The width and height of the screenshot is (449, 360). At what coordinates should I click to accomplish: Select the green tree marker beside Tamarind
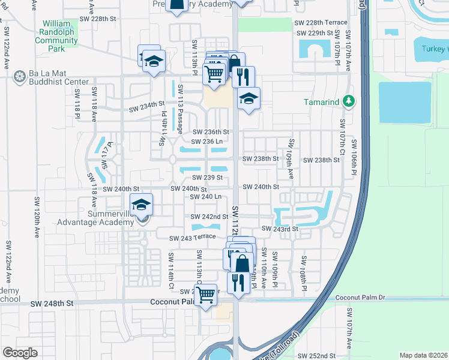coord(348,101)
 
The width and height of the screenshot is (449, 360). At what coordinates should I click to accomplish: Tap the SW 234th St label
coord(147,109)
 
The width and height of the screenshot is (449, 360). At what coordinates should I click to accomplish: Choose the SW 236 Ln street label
coord(207,142)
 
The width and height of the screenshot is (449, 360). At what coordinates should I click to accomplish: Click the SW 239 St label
coord(207,178)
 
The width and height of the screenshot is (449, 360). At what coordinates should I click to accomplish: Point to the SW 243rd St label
coord(280,229)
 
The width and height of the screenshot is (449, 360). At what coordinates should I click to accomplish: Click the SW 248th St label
coord(52,304)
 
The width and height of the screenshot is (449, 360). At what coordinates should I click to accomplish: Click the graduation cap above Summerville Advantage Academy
coord(141,205)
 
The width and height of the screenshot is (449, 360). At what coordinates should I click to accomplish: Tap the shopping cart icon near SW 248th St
coord(206,295)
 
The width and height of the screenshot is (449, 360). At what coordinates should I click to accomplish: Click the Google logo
coord(20,353)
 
